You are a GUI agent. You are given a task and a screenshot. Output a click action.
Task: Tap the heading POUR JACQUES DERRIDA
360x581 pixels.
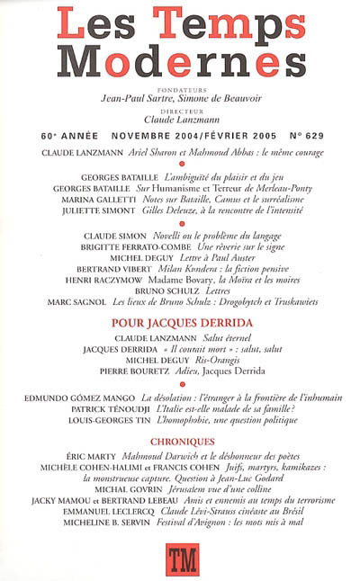(181, 320)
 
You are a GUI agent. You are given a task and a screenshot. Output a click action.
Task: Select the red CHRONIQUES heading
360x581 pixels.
(181, 442)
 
